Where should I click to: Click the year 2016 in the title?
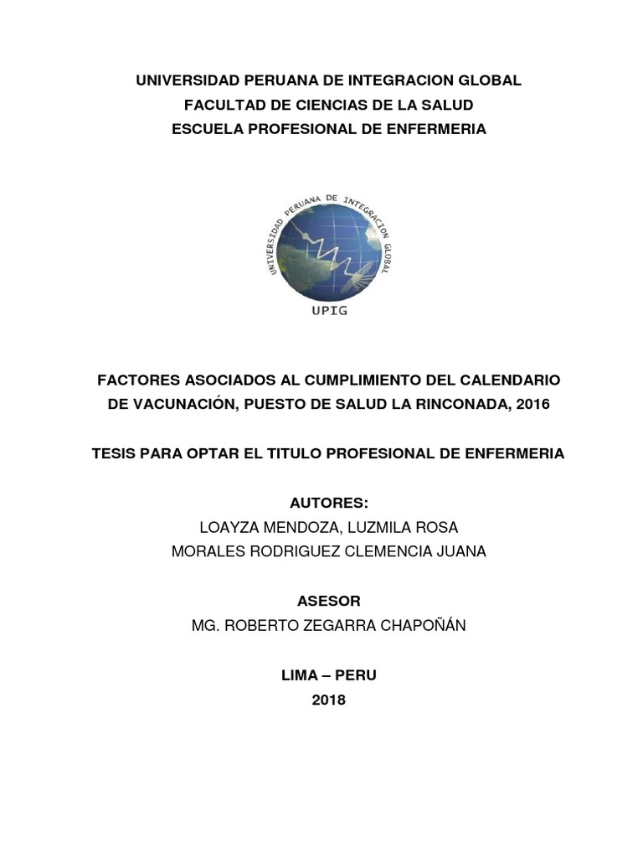point(534,404)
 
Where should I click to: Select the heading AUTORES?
point(328,503)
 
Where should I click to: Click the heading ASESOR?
point(328,601)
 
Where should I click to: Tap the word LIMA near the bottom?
point(299,675)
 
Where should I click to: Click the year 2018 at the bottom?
point(328,700)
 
